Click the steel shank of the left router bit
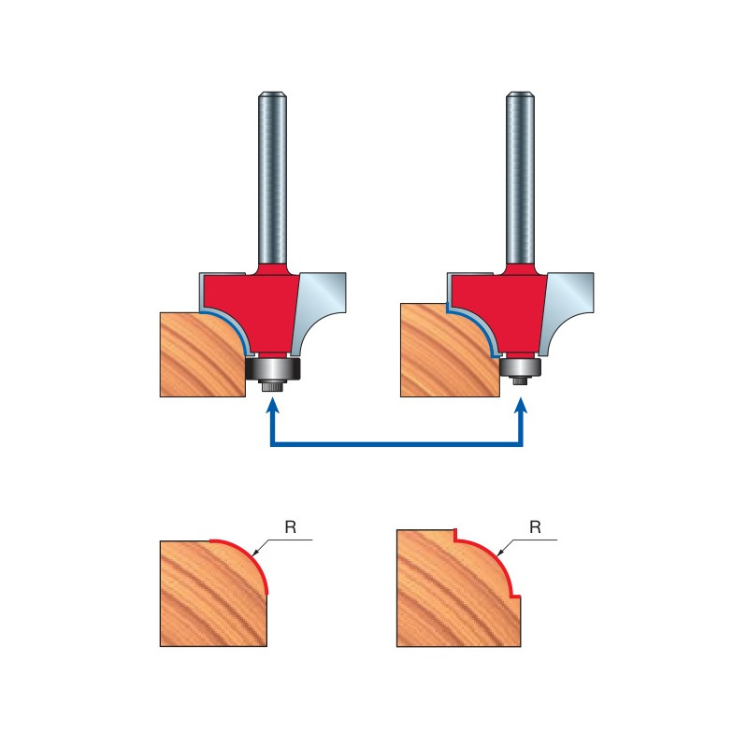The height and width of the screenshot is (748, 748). pos(272,177)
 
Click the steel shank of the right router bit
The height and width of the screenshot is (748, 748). pos(521,177)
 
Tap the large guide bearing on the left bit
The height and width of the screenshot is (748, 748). pos(273,368)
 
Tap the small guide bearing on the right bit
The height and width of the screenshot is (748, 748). pos(521,367)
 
